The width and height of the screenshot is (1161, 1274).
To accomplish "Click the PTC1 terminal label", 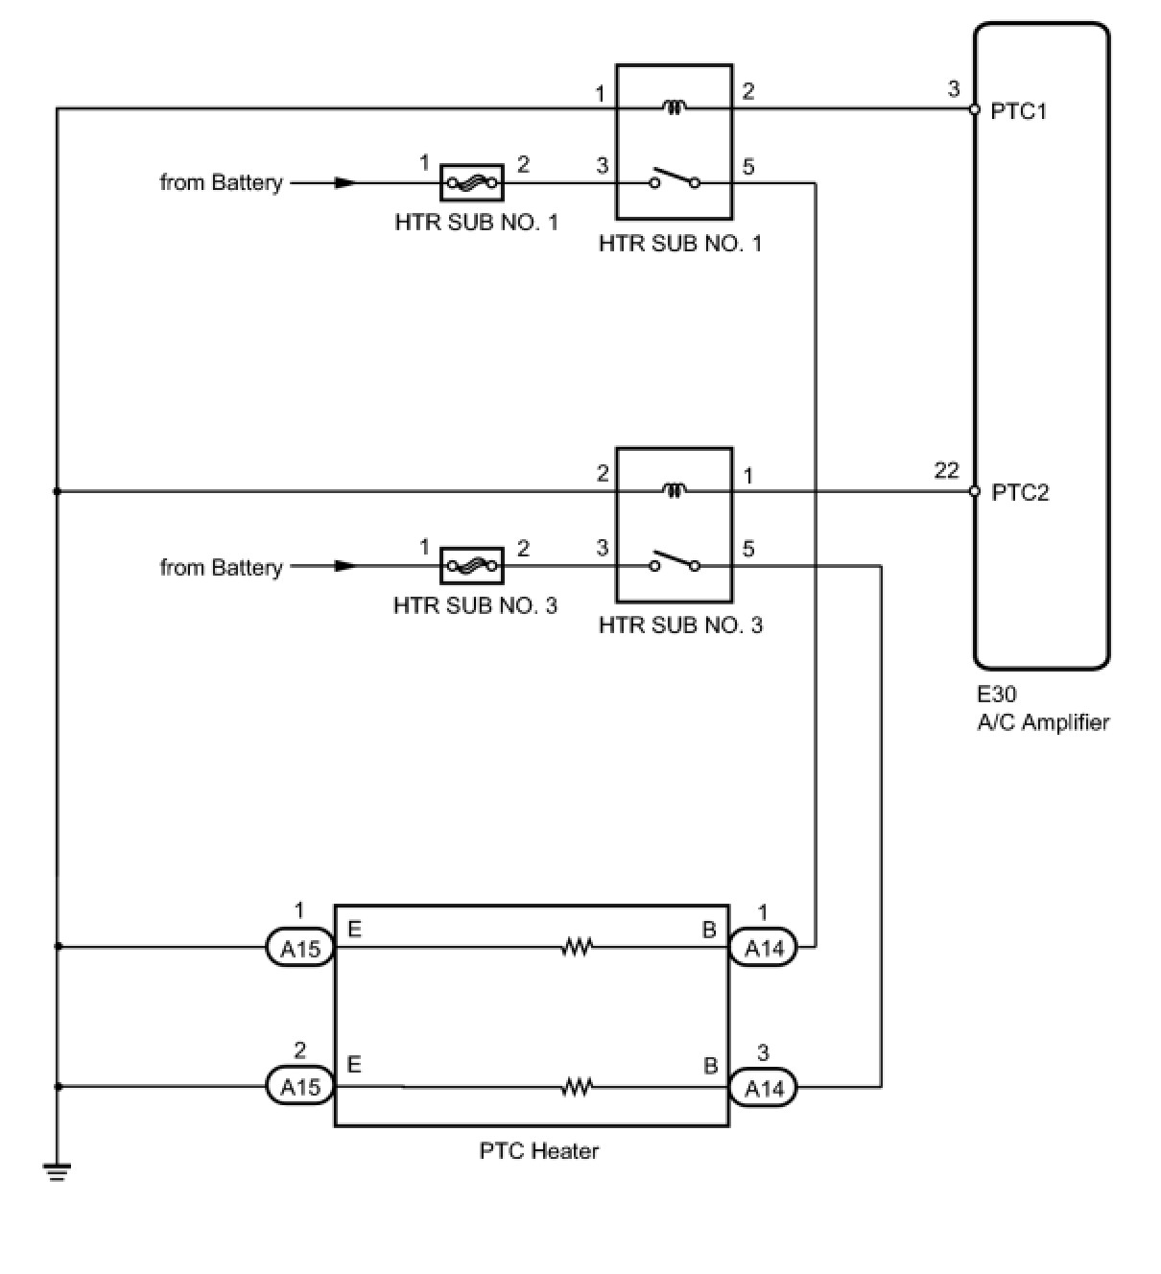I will coord(1019,111).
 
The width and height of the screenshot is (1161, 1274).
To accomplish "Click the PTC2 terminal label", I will coord(1020,493).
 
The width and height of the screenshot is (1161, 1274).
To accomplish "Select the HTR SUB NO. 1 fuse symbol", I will coord(471,181).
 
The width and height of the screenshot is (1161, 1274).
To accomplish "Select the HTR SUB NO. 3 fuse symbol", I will coord(471,566).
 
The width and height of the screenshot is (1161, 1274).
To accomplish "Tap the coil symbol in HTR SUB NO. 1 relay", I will coord(675,108).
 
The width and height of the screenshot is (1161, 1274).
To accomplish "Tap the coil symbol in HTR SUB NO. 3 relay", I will coord(675,491).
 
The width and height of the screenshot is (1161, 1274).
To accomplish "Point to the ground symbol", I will coord(57,1171).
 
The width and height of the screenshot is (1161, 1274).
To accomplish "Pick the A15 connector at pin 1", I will coord(299,949).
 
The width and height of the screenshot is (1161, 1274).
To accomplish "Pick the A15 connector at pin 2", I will coord(299,1087).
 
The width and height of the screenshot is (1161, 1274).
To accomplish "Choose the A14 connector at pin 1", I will coord(764,949).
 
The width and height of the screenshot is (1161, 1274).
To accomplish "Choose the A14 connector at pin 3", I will coord(764,1087).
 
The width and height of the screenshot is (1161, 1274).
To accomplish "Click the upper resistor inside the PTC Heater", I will coord(577,949).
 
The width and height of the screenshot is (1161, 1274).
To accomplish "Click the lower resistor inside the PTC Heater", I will coord(577,1087).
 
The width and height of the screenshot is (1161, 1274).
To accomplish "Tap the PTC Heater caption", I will coord(538,1150).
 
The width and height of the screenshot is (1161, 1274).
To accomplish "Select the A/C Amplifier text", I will coord(1043,722).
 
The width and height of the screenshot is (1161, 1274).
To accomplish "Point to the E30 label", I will coord(997,695).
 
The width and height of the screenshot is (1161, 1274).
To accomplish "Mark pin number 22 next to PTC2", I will coord(946,471).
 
